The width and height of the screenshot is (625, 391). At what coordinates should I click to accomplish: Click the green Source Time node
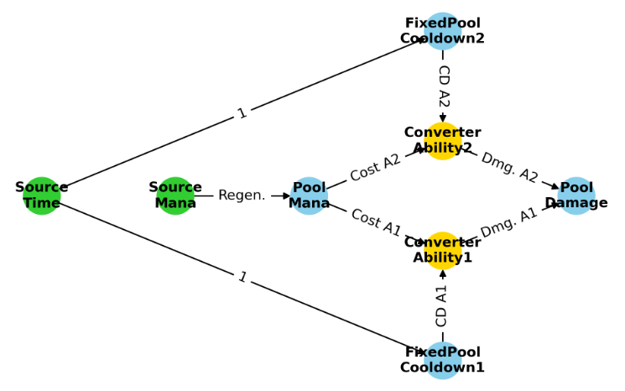click(x=41, y=195)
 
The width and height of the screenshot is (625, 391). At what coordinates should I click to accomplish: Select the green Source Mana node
click(x=175, y=195)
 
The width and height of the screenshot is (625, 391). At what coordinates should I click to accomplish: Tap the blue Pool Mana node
click(x=309, y=195)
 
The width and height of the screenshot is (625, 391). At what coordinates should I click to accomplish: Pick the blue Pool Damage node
click(x=576, y=195)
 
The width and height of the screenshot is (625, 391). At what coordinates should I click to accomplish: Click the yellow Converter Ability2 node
click(x=442, y=140)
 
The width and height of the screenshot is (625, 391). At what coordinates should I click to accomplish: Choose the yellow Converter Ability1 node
click(x=442, y=250)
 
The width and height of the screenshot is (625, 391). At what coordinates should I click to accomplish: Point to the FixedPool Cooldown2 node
click(x=442, y=31)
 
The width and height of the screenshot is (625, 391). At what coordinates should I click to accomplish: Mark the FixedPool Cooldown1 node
click(x=442, y=360)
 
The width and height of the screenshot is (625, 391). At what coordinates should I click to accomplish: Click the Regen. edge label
click(x=242, y=195)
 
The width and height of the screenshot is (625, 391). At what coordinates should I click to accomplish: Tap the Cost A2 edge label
click(x=375, y=168)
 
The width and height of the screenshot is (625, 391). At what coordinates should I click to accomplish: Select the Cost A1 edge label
click(x=375, y=223)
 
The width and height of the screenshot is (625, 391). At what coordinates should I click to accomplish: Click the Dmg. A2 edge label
click(x=509, y=168)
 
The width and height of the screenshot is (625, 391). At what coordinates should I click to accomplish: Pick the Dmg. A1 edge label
click(x=509, y=223)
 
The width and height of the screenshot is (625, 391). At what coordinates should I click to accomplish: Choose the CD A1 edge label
click(x=442, y=305)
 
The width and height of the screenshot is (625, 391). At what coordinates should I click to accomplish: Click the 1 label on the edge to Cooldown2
click(x=242, y=113)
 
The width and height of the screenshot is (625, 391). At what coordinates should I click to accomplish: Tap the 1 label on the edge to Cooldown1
click(x=242, y=278)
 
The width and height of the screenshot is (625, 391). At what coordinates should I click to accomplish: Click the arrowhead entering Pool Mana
click(x=286, y=195)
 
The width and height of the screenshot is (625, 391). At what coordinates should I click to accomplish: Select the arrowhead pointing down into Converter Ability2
click(x=442, y=117)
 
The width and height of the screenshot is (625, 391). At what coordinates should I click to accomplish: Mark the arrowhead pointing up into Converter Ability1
click(x=442, y=274)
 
